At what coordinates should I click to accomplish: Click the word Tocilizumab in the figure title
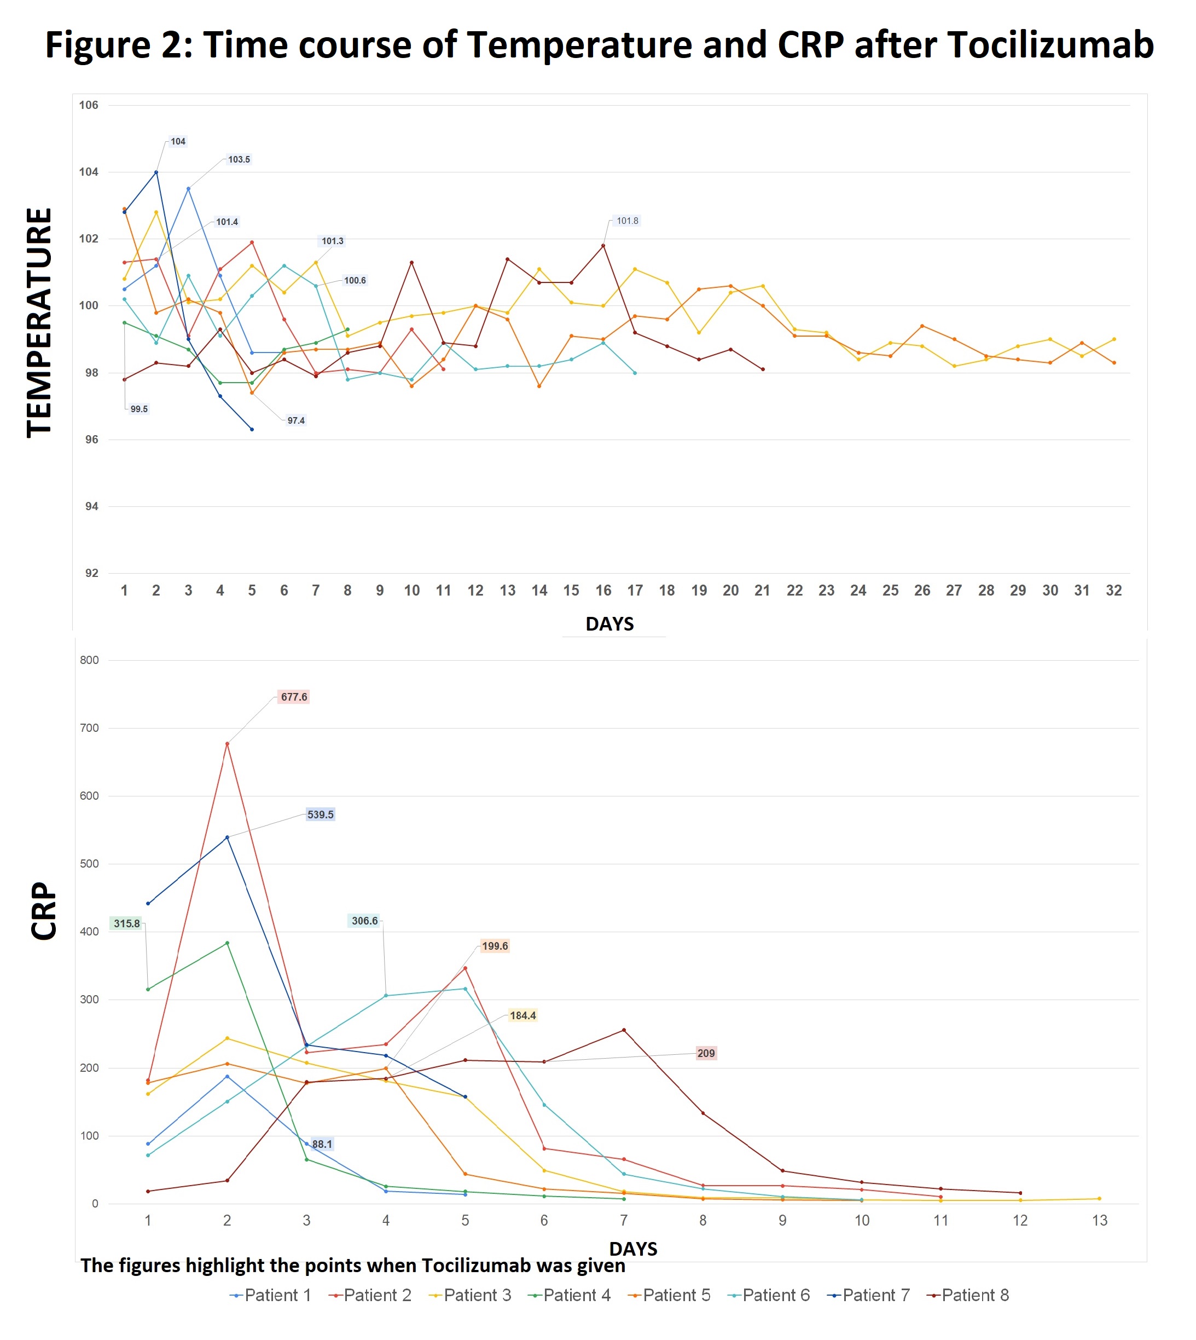click(1049, 45)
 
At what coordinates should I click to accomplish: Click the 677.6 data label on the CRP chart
click(293, 697)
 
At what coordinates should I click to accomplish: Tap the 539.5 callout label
click(320, 815)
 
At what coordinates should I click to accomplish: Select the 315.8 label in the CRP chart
click(126, 924)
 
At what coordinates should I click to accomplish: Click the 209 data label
click(706, 1053)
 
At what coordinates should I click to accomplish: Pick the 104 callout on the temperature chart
click(177, 141)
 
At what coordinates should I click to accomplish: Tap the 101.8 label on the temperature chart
click(627, 221)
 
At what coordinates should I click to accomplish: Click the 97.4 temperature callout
click(295, 421)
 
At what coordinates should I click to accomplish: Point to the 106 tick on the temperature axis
click(89, 105)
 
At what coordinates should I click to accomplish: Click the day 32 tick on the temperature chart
click(1113, 591)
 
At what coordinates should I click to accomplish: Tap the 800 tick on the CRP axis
click(89, 660)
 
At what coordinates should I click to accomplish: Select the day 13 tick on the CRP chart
click(1099, 1221)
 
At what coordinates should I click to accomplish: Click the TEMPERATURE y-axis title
click(39, 322)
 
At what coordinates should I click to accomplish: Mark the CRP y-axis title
click(44, 911)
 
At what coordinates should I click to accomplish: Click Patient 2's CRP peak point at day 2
click(228, 744)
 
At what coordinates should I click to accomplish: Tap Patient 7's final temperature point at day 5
click(252, 429)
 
